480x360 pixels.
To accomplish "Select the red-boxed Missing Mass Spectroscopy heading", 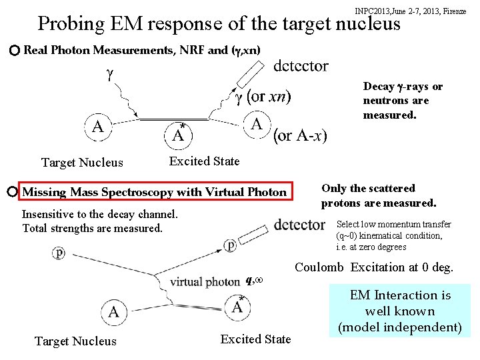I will click(x=155, y=193).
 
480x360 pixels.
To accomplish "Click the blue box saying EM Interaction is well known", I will click(x=400, y=311).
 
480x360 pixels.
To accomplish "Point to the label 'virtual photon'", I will click(x=205, y=281).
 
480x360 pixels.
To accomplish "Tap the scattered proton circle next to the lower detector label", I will click(x=229, y=245).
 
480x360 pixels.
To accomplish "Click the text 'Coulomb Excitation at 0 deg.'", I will click(x=374, y=267).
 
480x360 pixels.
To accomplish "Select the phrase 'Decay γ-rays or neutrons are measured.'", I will click(x=402, y=101).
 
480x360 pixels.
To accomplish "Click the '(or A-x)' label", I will click(x=300, y=136).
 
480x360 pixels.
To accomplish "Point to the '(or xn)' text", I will click(x=269, y=97).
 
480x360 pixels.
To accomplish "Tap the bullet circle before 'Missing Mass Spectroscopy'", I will click(x=13, y=192).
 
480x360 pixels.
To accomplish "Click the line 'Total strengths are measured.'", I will click(x=92, y=228).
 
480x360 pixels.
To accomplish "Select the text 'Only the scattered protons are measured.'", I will click(x=378, y=195).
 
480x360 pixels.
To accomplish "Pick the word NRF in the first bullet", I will click(x=194, y=51).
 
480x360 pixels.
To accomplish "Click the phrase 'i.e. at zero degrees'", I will click(x=371, y=247).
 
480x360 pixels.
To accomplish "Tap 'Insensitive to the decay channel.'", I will click(x=100, y=215).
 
